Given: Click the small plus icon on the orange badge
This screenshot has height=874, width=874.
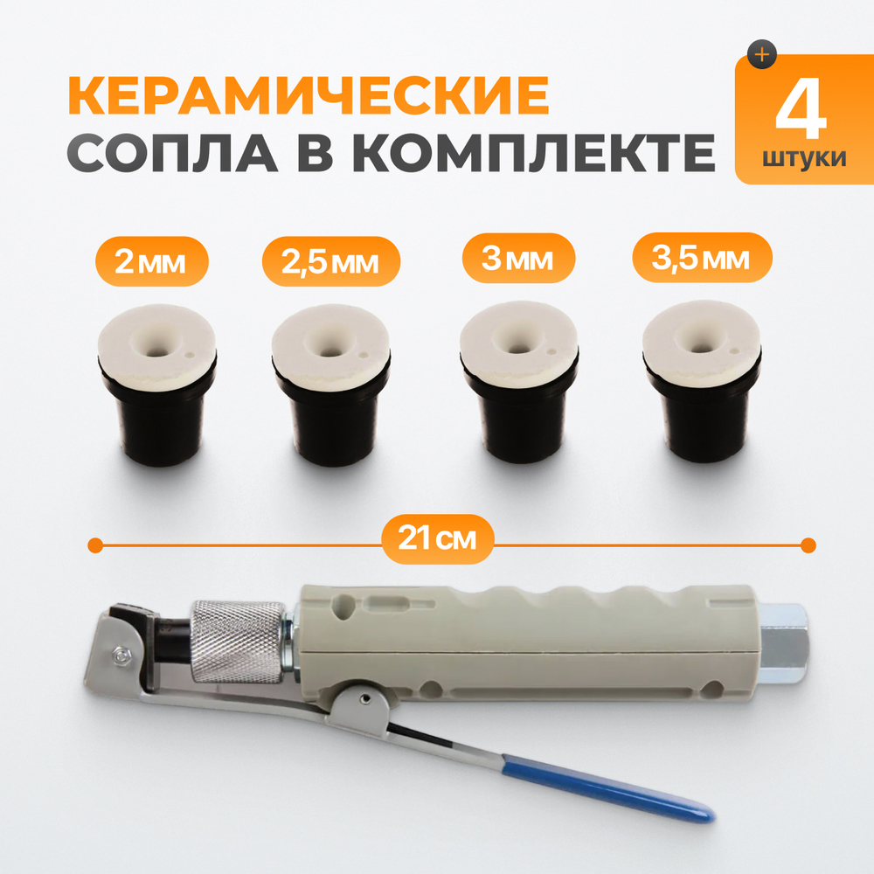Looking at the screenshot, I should [x=763, y=54].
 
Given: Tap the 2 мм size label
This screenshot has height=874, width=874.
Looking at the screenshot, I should [x=150, y=261].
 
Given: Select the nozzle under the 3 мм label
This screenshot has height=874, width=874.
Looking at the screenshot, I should [x=520, y=385].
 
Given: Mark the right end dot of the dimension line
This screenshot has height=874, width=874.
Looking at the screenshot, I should [x=808, y=545].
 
